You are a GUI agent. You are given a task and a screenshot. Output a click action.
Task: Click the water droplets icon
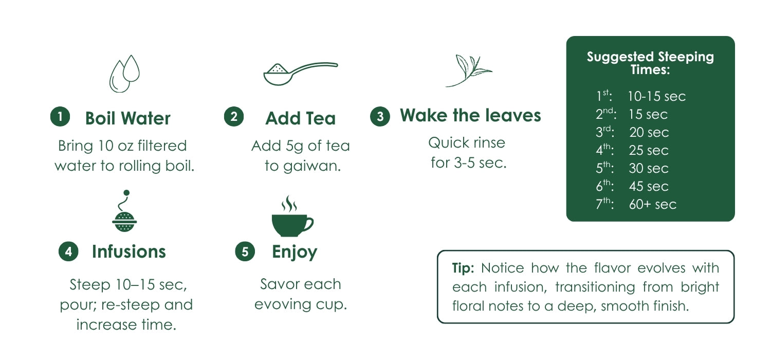pyautogui.click(x=124, y=74)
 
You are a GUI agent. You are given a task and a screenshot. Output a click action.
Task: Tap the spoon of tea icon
pyautogui.click(x=301, y=74)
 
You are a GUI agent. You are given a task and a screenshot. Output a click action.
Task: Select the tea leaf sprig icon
pyautogui.click(x=468, y=70)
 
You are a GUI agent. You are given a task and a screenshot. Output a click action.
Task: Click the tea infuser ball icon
pyautogui.click(x=124, y=211)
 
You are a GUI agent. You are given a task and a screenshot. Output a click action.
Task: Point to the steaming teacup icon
pyautogui.click(x=292, y=216)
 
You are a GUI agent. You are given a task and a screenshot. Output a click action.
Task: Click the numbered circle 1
pyautogui.click(x=60, y=116)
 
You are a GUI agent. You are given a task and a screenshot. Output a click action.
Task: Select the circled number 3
pyautogui.click(x=380, y=116)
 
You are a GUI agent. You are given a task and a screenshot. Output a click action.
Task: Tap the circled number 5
pyautogui.click(x=245, y=251)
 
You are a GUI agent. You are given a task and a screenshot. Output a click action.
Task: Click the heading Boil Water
pyautogui.click(x=127, y=118)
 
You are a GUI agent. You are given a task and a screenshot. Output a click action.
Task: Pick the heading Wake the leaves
pyautogui.click(x=470, y=115)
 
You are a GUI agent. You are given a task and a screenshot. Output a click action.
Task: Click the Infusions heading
pyautogui.click(x=128, y=251)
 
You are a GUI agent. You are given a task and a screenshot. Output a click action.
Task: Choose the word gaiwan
pyautogui.click(x=312, y=166)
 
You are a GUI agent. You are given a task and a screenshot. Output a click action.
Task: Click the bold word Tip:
pyautogui.click(x=463, y=268)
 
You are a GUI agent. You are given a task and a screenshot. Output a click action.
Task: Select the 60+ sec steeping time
pyautogui.click(x=653, y=204)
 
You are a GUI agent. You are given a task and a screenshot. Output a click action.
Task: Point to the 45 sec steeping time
pyautogui.click(x=649, y=186)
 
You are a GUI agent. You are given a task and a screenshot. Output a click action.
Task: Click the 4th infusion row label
pyautogui.click(x=605, y=150)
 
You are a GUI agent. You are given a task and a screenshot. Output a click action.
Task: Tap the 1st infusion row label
pyautogui.click(x=604, y=96)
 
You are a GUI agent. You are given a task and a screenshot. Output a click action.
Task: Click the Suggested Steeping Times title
pyautogui.click(x=650, y=63)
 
